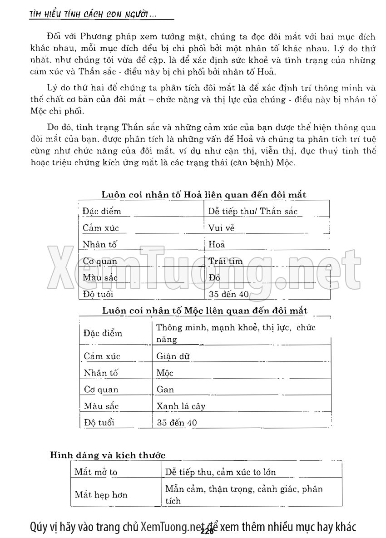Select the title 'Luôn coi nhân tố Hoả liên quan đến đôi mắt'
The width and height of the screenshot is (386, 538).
click(x=204, y=195)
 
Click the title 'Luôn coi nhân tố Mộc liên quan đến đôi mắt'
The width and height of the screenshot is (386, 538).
click(x=204, y=311)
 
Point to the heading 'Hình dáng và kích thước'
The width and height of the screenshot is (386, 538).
click(x=107, y=455)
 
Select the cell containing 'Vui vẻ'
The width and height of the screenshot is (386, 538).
click(x=222, y=228)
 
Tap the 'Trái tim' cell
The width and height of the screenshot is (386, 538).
click(x=226, y=262)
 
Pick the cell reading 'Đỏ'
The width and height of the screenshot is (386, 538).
click(x=214, y=278)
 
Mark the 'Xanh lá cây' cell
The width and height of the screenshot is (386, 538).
click(x=181, y=406)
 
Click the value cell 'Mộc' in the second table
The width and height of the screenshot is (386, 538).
click(x=165, y=373)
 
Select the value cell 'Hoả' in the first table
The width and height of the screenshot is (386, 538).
click(x=217, y=245)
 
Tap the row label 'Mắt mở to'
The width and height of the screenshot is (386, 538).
click(x=96, y=472)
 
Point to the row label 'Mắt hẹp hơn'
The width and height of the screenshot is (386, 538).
click(x=101, y=494)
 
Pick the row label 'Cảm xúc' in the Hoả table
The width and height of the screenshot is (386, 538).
click(x=101, y=228)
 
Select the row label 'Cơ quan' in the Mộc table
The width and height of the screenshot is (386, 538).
click(x=101, y=390)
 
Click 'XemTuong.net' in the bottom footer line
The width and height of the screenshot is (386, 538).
click(x=171, y=528)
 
